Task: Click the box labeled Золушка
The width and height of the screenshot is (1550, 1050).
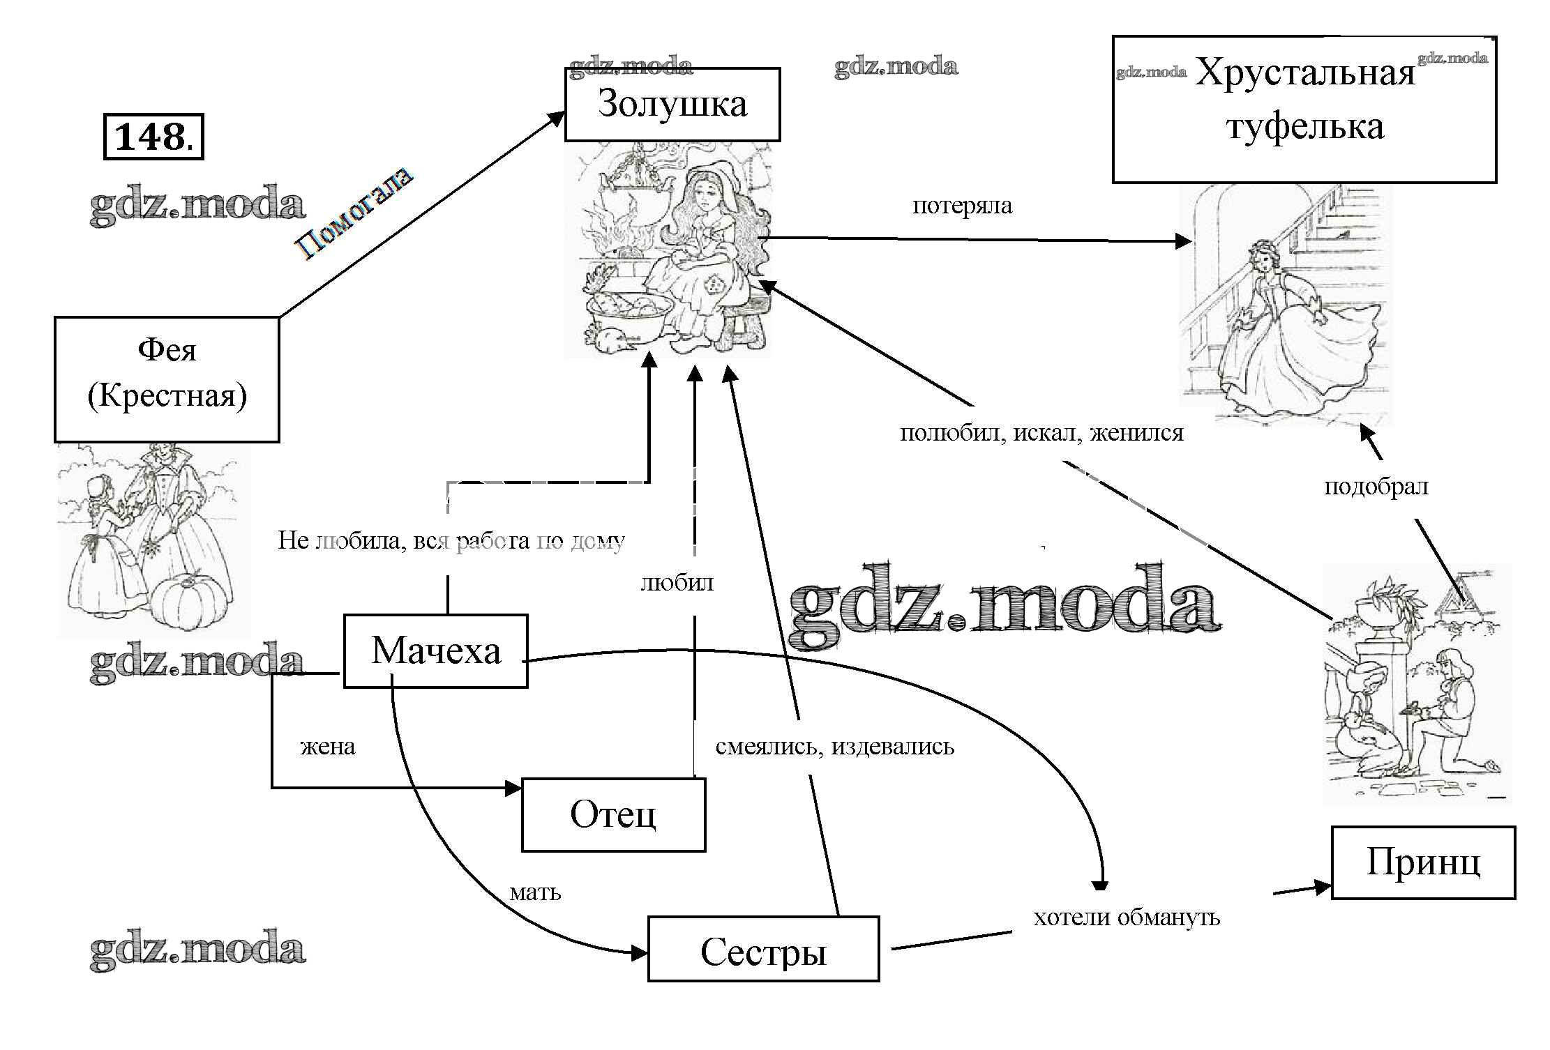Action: click(672, 105)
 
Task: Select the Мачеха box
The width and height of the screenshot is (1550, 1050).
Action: click(435, 651)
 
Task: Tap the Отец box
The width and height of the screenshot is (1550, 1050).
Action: click(613, 814)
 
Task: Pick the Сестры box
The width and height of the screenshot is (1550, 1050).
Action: click(763, 950)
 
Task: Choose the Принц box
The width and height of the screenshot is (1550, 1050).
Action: click(1423, 862)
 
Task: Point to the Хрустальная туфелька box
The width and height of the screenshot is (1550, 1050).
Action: click(1304, 109)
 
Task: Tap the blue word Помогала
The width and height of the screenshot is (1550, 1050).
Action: click(354, 214)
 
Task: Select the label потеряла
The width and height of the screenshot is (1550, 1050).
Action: click(962, 206)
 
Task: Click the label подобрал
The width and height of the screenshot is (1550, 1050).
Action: click(1376, 487)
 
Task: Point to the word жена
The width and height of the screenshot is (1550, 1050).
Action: click(327, 747)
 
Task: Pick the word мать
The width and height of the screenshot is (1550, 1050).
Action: click(535, 892)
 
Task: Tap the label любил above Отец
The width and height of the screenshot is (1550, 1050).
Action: click(677, 582)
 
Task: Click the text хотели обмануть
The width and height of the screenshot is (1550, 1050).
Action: click(1127, 918)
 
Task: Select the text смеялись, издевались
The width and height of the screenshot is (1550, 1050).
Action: click(835, 747)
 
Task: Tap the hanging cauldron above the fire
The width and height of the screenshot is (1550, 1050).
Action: click(635, 181)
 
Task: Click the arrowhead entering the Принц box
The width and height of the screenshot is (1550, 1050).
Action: click(1323, 887)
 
